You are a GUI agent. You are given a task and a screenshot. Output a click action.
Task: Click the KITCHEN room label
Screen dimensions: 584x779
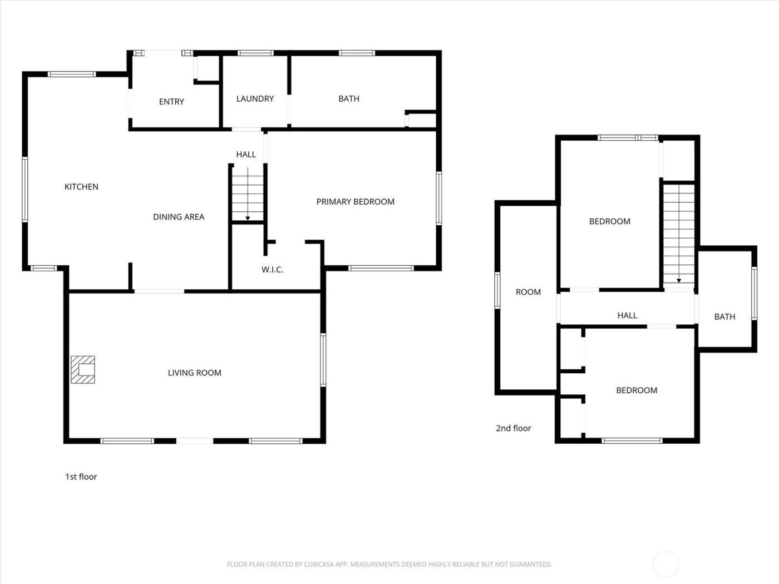81,187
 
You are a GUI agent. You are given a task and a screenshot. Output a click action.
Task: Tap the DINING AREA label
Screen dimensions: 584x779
179,217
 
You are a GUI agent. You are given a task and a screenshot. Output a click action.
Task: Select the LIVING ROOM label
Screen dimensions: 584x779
195,373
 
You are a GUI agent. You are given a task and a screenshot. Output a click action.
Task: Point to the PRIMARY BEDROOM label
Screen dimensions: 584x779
355,202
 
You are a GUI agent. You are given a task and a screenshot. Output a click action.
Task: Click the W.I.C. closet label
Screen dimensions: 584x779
272,270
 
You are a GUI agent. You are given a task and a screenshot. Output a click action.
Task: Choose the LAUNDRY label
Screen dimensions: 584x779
255,99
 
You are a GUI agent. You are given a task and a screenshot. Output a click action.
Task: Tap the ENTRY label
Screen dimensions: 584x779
171,102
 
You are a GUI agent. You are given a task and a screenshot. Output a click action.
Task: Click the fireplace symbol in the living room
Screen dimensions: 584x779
82,370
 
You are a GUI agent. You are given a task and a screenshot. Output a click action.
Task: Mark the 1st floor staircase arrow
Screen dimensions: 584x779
248,217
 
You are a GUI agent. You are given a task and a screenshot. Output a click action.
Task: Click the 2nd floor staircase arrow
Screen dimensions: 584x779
679,280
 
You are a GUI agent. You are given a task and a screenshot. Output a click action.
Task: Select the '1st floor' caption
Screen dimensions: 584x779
81,477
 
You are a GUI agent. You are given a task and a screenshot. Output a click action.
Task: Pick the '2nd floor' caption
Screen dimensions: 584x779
514,428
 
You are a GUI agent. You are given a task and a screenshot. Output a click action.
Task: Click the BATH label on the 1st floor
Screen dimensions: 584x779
349,99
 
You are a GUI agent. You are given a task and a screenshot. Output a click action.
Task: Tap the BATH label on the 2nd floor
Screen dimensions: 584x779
724,317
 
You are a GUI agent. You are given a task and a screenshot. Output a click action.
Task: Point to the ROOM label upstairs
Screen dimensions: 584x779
528,292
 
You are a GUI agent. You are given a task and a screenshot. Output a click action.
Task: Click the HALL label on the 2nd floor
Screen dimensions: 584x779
627,315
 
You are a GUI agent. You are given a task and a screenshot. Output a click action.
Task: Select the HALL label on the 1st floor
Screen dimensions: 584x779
246,155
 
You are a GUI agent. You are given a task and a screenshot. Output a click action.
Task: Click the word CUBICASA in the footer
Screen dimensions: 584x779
319,565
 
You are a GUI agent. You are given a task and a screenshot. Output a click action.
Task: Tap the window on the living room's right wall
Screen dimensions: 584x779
323,360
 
